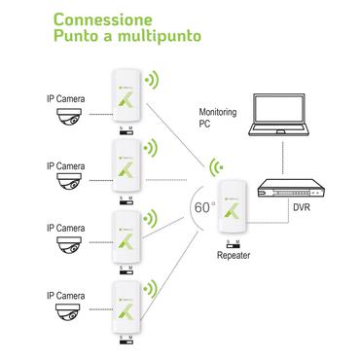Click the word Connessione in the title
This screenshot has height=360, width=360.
pyautogui.click(x=103, y=19)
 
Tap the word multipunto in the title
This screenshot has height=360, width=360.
pyautogui.click(x=157, y=38)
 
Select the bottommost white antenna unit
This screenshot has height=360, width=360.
pyautogui.click(x=126, y=302)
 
